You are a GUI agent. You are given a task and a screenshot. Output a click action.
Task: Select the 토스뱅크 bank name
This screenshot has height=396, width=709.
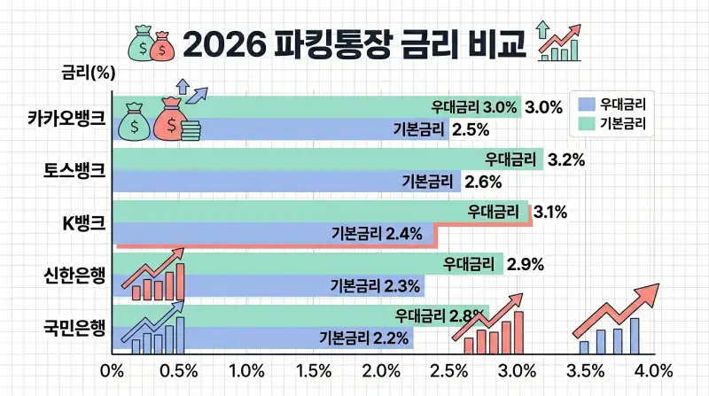click(74, 170)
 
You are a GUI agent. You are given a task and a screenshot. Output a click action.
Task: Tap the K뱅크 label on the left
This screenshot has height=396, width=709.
click(83, 223)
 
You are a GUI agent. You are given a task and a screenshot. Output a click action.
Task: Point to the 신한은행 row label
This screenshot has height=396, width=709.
click(74, 276)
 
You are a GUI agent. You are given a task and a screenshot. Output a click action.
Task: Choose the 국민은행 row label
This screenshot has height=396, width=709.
click(74, 328)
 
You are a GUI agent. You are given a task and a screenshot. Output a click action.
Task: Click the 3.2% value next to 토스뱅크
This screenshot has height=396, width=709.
click(566, 160)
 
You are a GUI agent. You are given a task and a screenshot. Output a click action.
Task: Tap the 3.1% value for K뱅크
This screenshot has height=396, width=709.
click(549, 213)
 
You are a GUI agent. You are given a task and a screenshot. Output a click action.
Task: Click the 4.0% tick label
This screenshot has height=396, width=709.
click(655, 369)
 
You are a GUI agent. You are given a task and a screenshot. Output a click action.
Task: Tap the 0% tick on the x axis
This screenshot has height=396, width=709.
click(113, 369)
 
